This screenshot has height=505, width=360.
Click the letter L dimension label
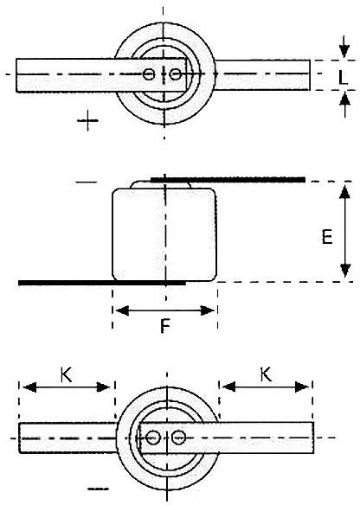coord(344,76)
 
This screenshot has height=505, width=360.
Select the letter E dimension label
coord(327,237)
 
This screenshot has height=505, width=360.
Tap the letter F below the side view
coord(164,328)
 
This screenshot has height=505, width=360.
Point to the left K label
coord(66,374)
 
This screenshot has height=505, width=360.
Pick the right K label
coord(266,374)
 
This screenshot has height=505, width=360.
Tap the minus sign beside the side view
coord(86,182)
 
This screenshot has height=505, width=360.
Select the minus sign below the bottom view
coord(99,489)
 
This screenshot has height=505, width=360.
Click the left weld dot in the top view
coord(150,75)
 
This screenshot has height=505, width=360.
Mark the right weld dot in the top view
coord(176,75)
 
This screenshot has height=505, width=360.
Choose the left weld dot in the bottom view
coord(153,438)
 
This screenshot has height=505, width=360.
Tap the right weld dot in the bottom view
coord(177,438)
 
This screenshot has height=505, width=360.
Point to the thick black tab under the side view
coord(101,282)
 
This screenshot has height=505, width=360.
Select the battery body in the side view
coord(164,233)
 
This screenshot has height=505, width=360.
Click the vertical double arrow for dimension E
coord(344,231)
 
